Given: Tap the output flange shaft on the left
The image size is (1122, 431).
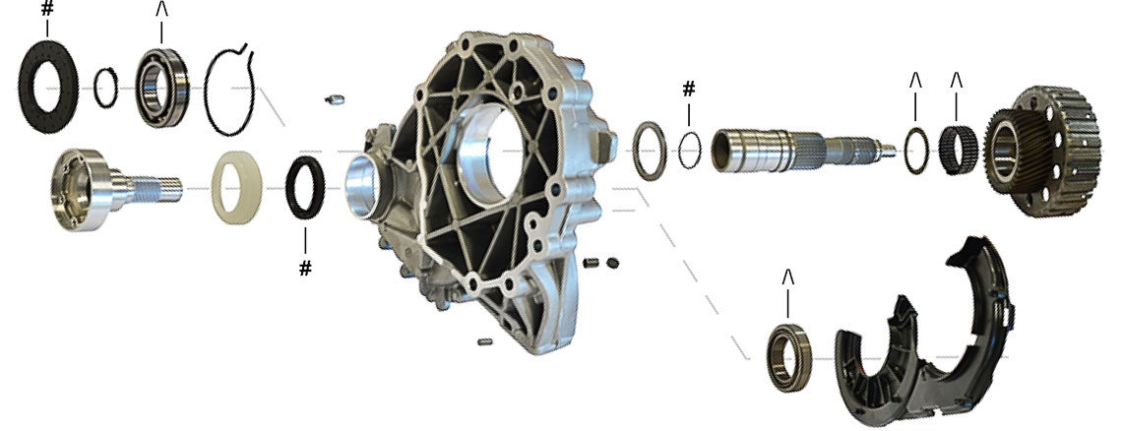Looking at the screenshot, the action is [107, 189].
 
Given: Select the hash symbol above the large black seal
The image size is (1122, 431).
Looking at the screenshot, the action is [47, 9].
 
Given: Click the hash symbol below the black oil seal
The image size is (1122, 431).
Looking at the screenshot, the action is [305, 269].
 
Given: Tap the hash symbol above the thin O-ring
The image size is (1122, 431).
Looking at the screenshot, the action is [688, 89].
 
